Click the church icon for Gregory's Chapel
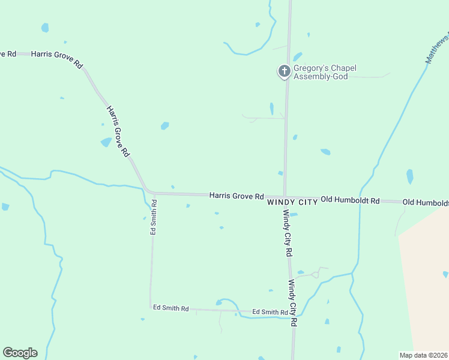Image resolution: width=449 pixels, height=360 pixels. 284,71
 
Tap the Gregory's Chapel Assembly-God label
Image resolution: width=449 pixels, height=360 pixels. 324,72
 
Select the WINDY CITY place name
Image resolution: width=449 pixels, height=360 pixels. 292,203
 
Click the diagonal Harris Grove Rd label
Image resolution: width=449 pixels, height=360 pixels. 118,131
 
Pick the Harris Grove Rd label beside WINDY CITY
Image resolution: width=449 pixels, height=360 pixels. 237,196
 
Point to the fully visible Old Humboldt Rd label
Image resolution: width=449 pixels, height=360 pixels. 350,200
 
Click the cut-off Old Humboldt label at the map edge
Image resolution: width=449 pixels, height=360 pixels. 426,203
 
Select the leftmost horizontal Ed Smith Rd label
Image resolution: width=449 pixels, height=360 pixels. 170,308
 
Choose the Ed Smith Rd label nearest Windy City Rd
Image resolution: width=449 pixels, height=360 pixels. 270,312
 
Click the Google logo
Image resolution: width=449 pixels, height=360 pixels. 20,353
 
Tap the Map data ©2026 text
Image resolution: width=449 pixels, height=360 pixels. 423,355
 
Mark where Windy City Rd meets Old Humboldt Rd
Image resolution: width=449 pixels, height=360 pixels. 284,197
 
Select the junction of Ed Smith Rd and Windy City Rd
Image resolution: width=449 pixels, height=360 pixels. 294,313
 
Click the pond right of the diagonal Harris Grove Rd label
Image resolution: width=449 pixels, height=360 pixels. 164,126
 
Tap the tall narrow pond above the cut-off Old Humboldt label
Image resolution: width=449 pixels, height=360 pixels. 410,176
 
